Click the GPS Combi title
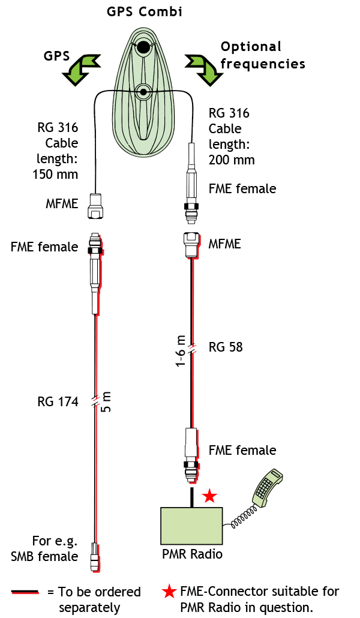tap(145, 12)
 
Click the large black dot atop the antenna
tap(143, 47)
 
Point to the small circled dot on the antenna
tap(143, 92)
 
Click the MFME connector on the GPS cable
tap(95, 205)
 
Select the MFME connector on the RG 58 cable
tap(191, 245)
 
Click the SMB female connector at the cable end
tap(95, 557)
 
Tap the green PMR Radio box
tap(191, 526)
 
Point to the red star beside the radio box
tap(209, 496)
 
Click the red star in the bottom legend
tap(169, 592)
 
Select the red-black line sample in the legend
tap(25, 592)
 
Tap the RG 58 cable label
tap(226, 347)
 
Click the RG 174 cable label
tap(58, 402)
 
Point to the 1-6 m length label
tap(180, 351)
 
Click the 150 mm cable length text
tap(55, 174)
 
